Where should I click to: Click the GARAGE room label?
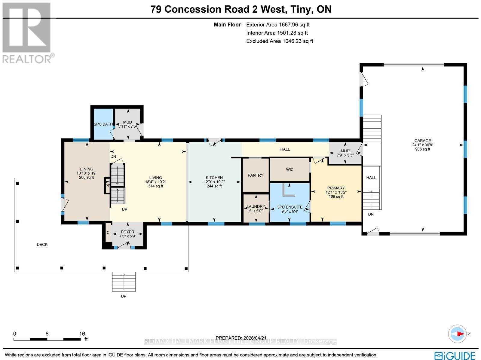point(422,141)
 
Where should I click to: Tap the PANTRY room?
point(256,175)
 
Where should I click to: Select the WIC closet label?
point(290,170)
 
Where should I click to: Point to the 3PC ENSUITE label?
point(290,207)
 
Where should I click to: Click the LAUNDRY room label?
point(256,206)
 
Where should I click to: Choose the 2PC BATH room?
point(103,124)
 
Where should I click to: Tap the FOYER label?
point(127,232)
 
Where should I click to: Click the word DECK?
point(42,245)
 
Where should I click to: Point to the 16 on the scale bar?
point(82,334)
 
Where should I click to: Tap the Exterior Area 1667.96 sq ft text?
point(278,25)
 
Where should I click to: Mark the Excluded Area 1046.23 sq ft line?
point(280,41)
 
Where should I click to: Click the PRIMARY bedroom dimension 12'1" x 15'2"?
point(336,192)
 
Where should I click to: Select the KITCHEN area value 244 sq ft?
point(214,186)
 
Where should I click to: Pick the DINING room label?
point(86,169)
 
